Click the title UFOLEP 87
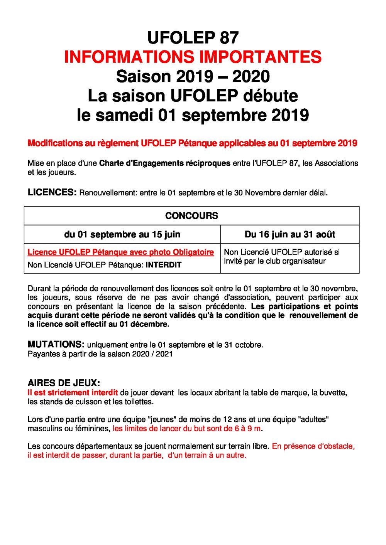(x=193, y=38)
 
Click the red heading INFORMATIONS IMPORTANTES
(x=193, y=57)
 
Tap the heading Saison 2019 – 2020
(x=193, y=76)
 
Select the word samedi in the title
(x=124, y=115)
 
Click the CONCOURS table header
(x=191, y=216)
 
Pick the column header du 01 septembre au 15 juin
(x=122, y=234)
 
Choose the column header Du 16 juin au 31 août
(x=290, y=234)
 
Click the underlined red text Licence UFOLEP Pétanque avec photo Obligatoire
(x=120, y=252)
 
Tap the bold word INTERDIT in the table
(x=163, y=265)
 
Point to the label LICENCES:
(x=52, y=192)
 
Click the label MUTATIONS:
(x=56, y=344)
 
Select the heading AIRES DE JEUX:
(x=64, y=383)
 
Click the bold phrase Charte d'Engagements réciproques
(x=164, y=163)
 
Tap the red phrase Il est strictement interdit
(x=73, y=393)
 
